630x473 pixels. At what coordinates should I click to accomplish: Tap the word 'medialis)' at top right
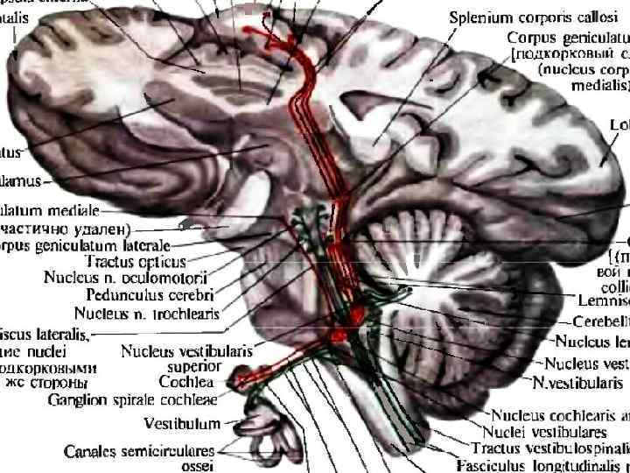coord(599,86)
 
